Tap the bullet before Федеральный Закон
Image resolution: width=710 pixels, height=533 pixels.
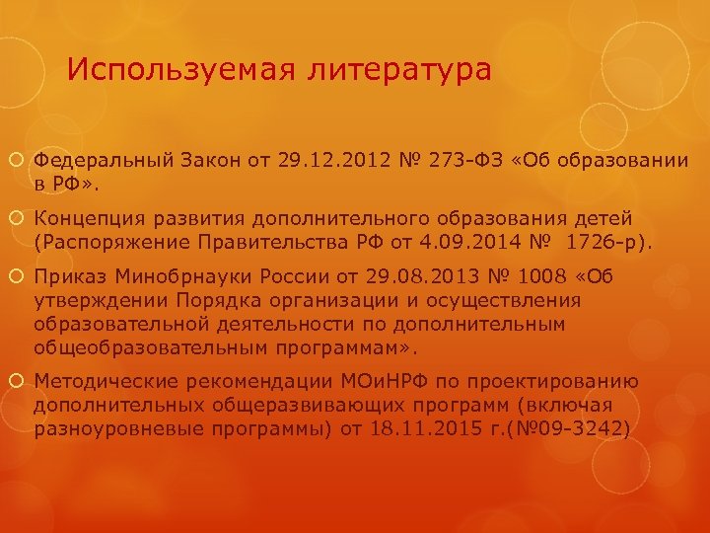(21, 160)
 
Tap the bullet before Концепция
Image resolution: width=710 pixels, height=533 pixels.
(21, 218)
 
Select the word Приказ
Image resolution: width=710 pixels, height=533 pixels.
(69, 274)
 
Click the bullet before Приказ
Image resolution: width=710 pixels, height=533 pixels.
(21, 275)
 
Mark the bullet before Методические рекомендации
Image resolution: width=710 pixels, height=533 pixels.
(21, 382)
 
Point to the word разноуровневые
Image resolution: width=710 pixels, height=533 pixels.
(118, 428)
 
